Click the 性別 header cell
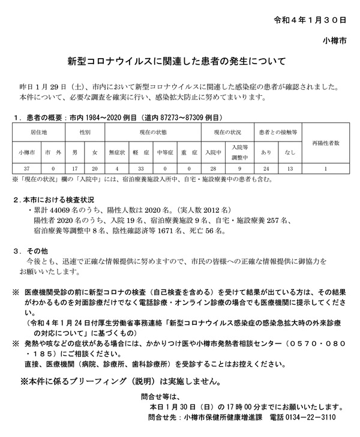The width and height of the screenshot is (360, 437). click(85, 129)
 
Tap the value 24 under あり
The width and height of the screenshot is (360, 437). click(267, 169)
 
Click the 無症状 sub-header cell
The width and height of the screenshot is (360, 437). click(116, 152)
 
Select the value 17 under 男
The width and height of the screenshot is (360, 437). click(73, 169)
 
